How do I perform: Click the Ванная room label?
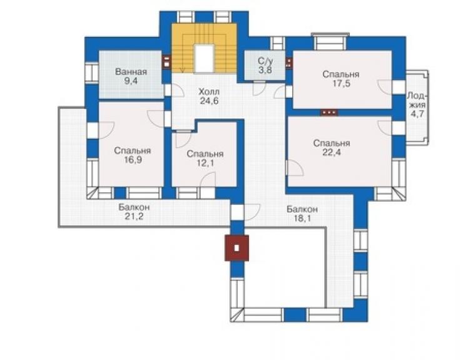(x=131, y=72)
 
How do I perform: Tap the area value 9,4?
(x=131, y=81)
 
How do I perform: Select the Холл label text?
(x=209, y=91)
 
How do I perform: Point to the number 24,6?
(x=209, y=101)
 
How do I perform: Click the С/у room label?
(x=265, y=61)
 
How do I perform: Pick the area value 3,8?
(x=265, y=70)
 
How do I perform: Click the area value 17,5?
(x=341, y=83)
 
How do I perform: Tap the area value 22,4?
(x=332, y=153)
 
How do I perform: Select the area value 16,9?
(x=133, y=160)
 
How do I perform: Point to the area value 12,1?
(x=205, y=163)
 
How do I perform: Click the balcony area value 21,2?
(x=134, y=217)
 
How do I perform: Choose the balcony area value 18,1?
(x=302, y=219)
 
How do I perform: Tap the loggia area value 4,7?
(x=417, y=114)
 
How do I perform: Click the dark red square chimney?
(x=237, y=248)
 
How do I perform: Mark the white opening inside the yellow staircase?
(x=204, y=58)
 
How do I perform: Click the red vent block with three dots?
(x=330, y=113)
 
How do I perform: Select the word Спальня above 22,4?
(x=332, y=143)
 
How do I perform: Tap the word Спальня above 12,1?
(x=205, y=154)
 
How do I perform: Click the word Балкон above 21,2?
(x=134, y=207)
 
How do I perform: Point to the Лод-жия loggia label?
(x=417, y=100)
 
